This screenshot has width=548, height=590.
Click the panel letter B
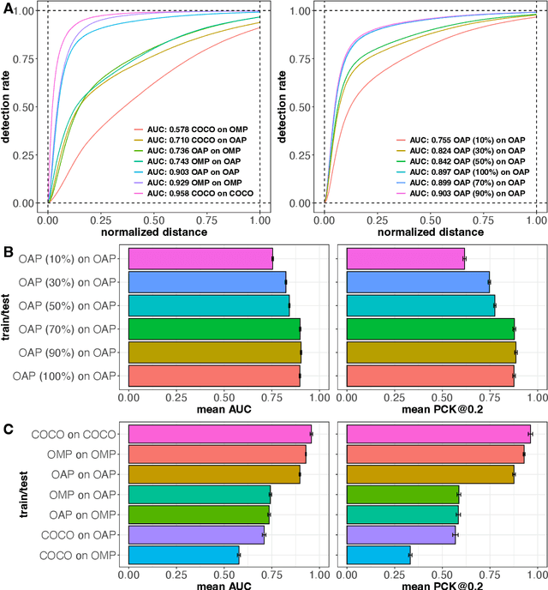8,255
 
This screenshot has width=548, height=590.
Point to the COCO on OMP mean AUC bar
184,556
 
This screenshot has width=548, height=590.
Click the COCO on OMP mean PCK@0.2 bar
379,556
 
